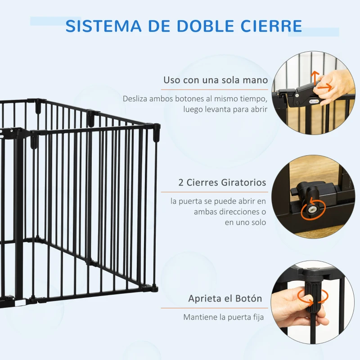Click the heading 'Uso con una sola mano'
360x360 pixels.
tap(216, 80)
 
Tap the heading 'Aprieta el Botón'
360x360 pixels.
tap(225, 299)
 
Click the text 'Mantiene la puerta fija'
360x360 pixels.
tap(223, 317)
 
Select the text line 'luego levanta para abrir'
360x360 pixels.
tap(225, 109)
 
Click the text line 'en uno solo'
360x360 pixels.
tap(246, 223)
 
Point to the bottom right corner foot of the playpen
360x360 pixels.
tap(154, 286)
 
